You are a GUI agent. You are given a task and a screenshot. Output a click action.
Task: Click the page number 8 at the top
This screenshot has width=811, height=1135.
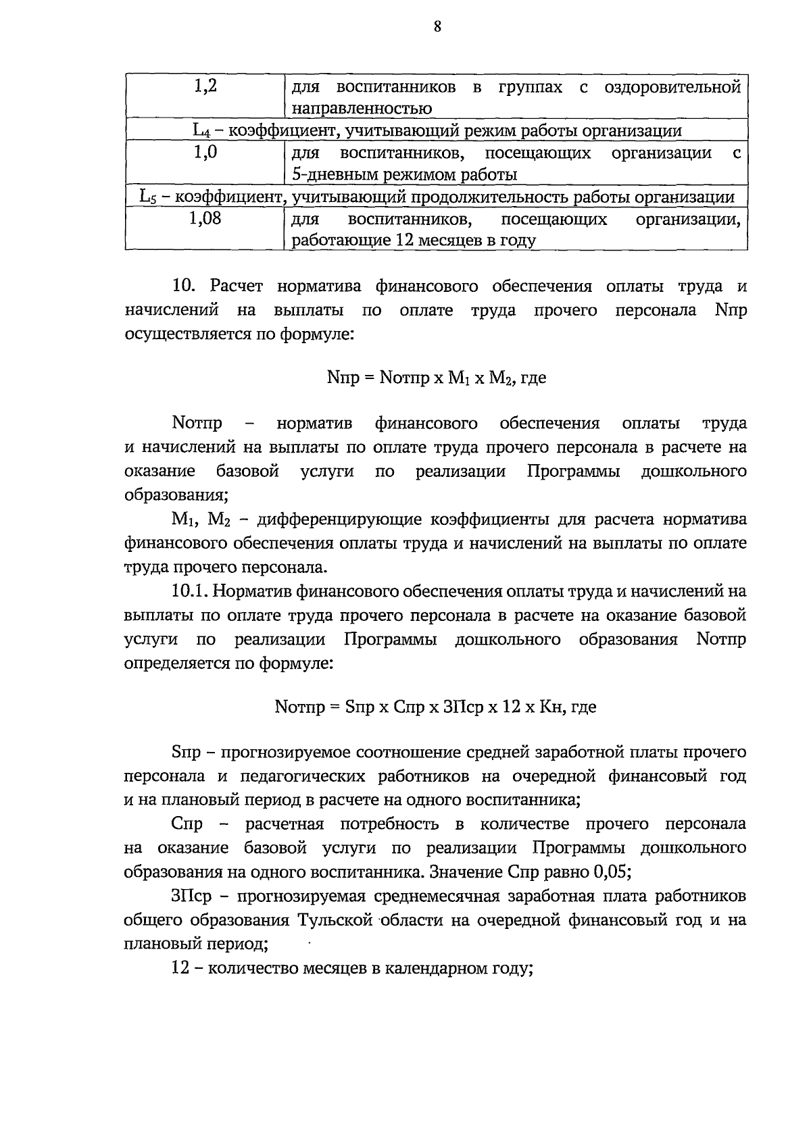(x=437, y=26)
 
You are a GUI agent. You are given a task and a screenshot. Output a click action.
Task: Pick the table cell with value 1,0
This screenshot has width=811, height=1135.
(x=205, y=153)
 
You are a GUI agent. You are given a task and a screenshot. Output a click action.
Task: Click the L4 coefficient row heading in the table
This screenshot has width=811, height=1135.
(x=437, y=130)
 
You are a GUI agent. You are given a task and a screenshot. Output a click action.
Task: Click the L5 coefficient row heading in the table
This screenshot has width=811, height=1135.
(x=437, y=197)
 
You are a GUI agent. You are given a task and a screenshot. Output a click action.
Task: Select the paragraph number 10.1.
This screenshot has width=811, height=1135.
(x=192, y=592)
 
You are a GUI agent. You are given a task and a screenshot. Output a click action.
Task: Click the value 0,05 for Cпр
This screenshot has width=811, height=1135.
(x=611, y=872)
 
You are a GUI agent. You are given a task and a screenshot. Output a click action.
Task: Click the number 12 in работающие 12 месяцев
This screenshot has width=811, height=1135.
(x=403, y=241)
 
